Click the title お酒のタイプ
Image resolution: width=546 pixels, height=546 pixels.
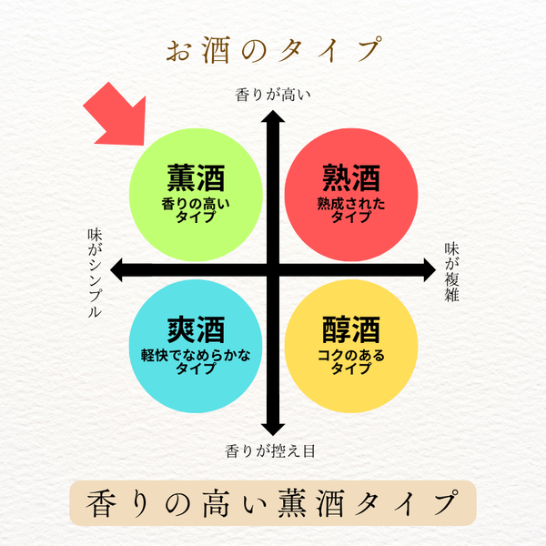pyautogui.click(x=272, y=49)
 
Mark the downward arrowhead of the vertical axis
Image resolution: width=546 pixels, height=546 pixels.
pyautogui.click(x=270, y=426)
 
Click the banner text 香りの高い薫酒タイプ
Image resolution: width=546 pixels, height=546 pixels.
pyautogui.click(x=272, y=501)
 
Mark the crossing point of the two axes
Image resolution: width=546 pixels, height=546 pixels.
pyautogui.click(x=270, y=268)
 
